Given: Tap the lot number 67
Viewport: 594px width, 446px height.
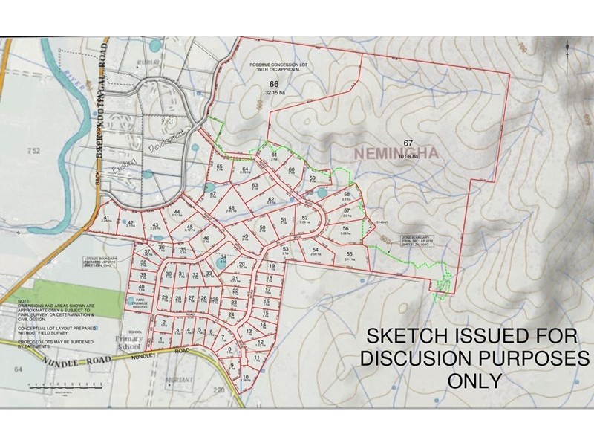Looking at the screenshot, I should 408,142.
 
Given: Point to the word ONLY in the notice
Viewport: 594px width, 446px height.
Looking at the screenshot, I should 475,381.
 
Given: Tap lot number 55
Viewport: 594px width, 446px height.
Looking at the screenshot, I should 349,254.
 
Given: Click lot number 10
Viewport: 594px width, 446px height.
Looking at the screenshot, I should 246,377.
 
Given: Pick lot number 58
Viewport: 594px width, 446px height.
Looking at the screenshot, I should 346,195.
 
